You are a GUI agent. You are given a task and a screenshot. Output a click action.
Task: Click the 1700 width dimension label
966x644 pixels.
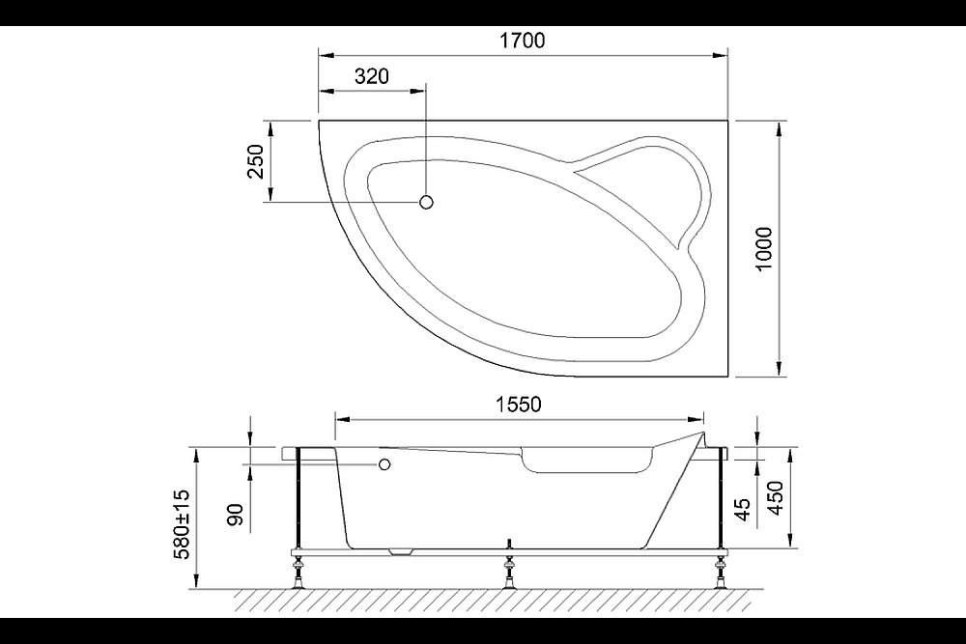[x=523, y=41]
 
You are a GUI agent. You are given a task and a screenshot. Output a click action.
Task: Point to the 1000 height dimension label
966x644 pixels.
[x=763, y=248]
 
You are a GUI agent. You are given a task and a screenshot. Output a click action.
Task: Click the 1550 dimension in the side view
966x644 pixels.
[x=519, y=406]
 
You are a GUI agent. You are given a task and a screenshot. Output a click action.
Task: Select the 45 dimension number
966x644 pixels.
[x=743, y=508]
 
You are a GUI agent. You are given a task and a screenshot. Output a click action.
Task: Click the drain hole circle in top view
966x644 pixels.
[x=427, y=202]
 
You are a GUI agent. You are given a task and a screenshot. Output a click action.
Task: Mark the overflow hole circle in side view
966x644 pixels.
[x=384, y=464]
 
